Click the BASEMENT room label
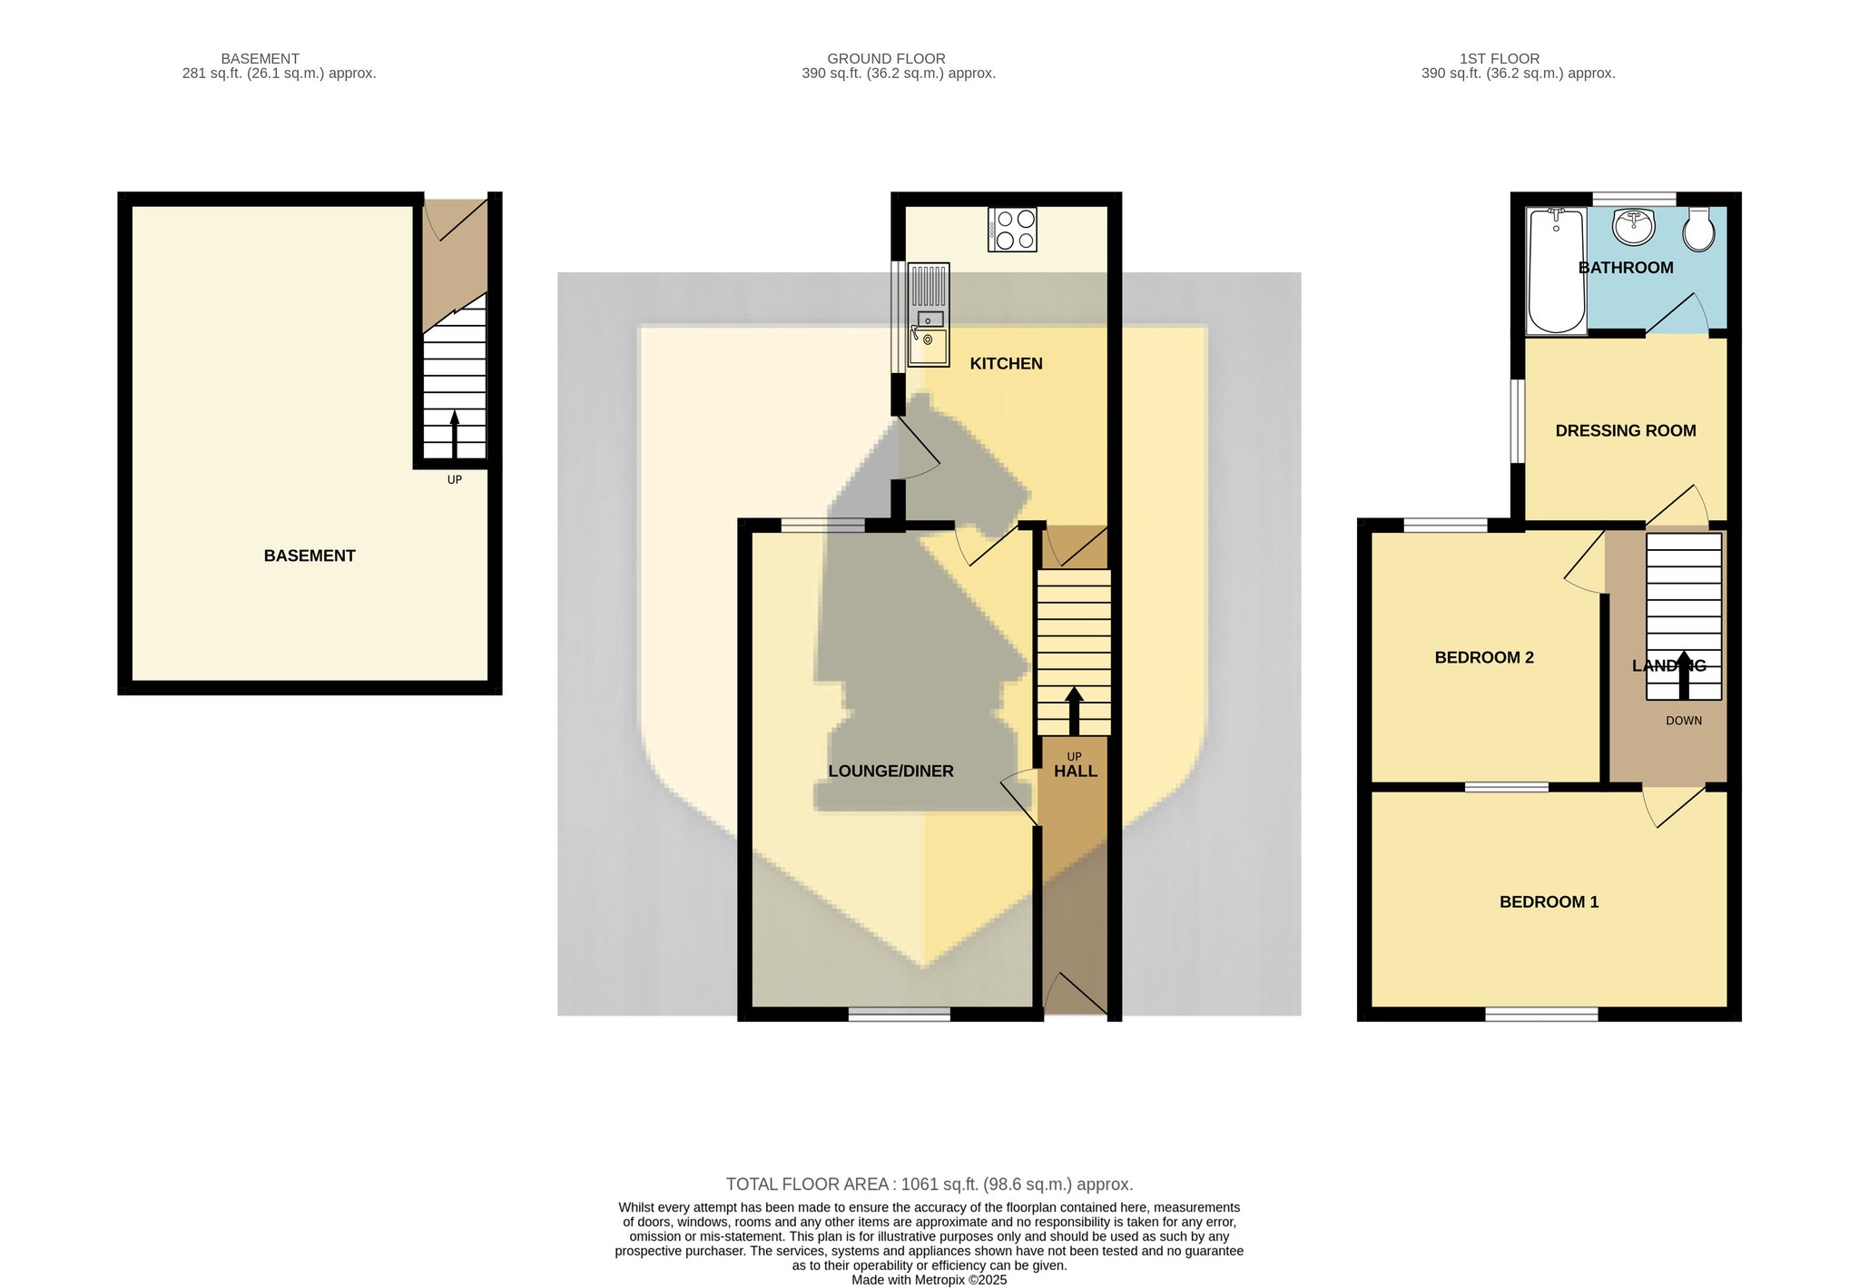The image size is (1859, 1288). [310, 556]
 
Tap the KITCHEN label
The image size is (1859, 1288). [1006, 364]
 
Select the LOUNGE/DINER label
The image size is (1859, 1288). [890, 772]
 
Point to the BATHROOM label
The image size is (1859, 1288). [1626, 268]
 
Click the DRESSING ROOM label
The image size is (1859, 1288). [1626, 431]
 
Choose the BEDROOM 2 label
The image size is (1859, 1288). [1484, 658]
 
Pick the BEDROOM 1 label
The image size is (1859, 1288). [1549, 902]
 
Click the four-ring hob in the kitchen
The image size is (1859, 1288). [1012, 230]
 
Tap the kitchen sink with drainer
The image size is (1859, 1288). [929, 314]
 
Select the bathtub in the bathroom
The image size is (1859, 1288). [1557, 270]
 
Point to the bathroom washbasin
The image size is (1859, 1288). [1634, 227]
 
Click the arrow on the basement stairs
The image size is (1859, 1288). [455, 435]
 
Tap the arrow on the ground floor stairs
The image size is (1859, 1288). [1074, 711]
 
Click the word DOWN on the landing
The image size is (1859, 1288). [1684, 721]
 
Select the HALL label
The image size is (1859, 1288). [1076, 772]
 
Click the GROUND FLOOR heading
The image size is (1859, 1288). [886, 59]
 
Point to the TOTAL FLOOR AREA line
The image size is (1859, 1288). [929, 1185]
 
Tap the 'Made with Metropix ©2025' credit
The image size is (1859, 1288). [929, 1280]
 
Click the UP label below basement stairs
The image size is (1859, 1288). [455, 479]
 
